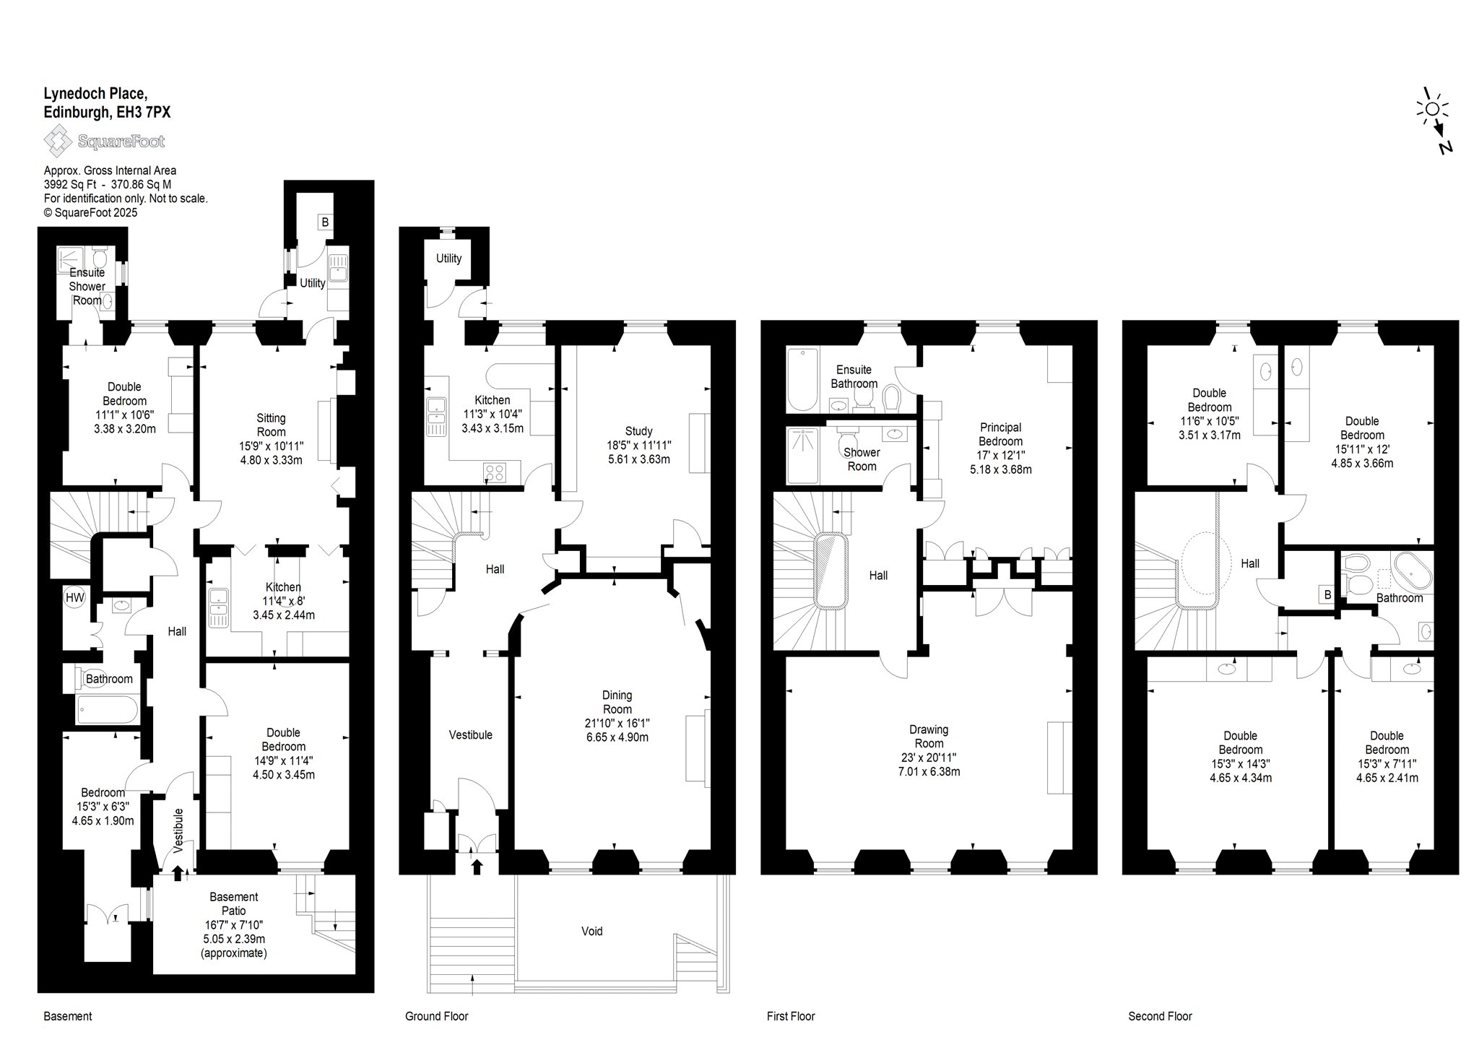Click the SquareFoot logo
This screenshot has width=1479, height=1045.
tap(105, 141)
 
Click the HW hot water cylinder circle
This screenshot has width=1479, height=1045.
tap(74, 597)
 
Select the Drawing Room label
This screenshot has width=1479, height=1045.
tap(929, 737)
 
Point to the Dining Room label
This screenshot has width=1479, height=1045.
tap(617, 702)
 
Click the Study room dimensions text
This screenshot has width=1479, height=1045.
tap(638, 452)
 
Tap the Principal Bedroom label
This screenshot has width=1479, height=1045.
tap(1000, 434)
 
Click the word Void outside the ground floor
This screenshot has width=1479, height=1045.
tap(592, 931)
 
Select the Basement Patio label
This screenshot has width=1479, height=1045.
tap(234, 903)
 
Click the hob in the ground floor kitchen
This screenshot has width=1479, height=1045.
tap(495, 472)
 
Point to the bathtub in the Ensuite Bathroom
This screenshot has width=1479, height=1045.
tap(802, 379)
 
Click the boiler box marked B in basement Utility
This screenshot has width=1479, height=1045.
tap(325, 222)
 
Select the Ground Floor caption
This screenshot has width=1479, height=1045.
tap(437, 1016)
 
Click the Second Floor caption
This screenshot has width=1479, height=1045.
tap(1161, 1016)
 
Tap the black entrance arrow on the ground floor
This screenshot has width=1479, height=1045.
tap(477, 867)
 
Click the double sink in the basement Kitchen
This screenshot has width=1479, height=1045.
tap(218, 609)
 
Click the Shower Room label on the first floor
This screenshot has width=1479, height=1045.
tap(862, 459)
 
